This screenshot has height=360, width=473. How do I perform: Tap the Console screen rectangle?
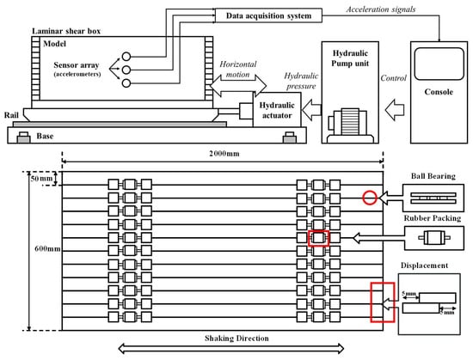pyautogui.click(x=439, y=64)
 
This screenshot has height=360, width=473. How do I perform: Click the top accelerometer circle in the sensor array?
pyautogui.click(x=126, y=57)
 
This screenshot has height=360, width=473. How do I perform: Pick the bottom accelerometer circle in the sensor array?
pyautogui.click(x=126, y=82)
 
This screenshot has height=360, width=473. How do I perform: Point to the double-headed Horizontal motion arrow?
pyautogui.click(x=238, y=86)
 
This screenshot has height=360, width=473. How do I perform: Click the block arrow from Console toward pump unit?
pyautogui.click(x=394, y=110)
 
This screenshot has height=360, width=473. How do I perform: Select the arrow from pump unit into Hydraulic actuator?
pyautogui.click(x=311, y=110)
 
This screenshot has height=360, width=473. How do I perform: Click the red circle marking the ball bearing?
pyautogui.click(x=370, y=192)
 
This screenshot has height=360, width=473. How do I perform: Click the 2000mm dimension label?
pyautogui.click(x=224, y=154)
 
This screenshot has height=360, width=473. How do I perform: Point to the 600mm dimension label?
pyautogui.click(x=47, y=249)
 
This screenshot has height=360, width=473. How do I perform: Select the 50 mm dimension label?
pyautogui.click(x=41, y=179)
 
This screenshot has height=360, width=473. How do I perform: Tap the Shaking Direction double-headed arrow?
pyautogui.click(x=230, y=349)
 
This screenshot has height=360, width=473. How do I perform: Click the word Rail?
pyautogui.click(x=11, y=115)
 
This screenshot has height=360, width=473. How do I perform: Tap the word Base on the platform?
pyautogui.click(x=45, y=136)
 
